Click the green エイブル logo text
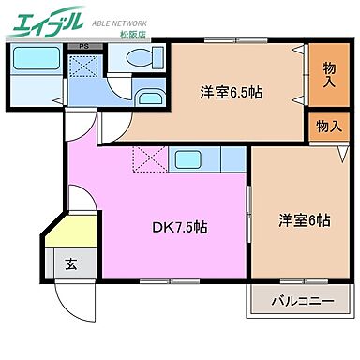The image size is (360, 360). pyautogui.click(x=46, y=22)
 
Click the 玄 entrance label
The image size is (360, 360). pyautogui.click(x=71, y=264)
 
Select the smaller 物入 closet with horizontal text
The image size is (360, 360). pyautogui.click(x=327, y=125)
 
